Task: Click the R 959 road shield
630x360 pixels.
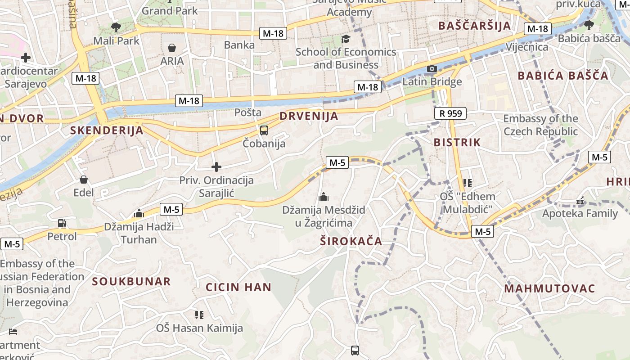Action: pyautogui.click(x=450, y=113)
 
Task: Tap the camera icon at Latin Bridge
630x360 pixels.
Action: pyautogui.click(x=432, y=69)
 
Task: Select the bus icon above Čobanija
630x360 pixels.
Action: pyautogui.click(x=264, y=130)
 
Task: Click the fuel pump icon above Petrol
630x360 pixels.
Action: pyautogui.click(x=62, y=223)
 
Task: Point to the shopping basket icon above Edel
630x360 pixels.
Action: pyautogui.click(x=84, y=180)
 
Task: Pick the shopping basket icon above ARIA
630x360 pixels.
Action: pyautogui.click(x=172, y=48)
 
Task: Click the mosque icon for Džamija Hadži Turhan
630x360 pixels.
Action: pyautogui.click(x=139, y=213)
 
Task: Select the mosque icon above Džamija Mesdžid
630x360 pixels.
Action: pyautogui.click(x=324, y=197)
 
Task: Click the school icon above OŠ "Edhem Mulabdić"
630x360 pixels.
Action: pyautogui.click(x=468, y=183)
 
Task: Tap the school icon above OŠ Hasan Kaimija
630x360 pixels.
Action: pyautogui.click(x=199, y=315)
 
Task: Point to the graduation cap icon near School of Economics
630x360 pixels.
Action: pyautogui.click(x=346, y=39)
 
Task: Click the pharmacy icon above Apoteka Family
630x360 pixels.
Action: pyautogui.click(x=580, y=201)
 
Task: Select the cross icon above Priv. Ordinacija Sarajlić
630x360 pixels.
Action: pyautogui.click(x=216, y=167)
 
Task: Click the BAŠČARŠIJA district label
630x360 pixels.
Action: pyautogui.click(x=475, y=26)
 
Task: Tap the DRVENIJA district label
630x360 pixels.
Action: pyautogui.click(x=309, y=116)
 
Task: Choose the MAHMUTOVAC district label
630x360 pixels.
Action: pyautogui.click(x=549, y=288)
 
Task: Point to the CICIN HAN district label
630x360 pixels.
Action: pyautogui.click(x=238, y=287)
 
